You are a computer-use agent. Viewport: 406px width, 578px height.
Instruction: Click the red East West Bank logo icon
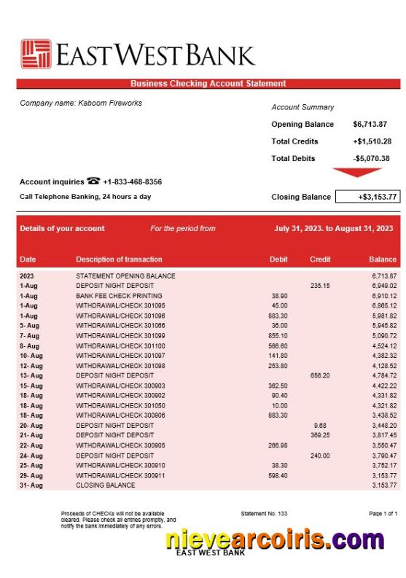(36, 55)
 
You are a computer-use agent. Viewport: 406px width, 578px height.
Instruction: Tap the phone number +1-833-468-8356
(133, 181)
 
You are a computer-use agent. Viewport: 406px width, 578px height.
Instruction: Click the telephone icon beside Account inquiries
(93, 181)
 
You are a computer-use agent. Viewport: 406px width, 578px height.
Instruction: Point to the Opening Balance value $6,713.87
(370, 124)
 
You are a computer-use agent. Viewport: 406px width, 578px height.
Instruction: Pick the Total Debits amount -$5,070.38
(371, 158)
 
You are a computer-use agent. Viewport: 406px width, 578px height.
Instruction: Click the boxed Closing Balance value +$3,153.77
(367, 197)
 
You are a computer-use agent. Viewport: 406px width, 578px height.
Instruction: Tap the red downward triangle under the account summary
(356, 173)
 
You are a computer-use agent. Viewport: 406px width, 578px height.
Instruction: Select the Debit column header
(278, 259)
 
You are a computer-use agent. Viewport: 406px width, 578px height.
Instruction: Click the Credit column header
(320, 259)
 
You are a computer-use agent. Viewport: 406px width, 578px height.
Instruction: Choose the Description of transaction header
(119, 259)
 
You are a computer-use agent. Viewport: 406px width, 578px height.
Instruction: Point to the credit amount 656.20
(320, 375)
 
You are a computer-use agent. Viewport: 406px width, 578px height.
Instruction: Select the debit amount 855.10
(278, 336)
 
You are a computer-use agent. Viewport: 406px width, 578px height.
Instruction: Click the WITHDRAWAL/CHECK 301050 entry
(120, 405)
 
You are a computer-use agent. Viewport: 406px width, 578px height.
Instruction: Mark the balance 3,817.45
(383, 435)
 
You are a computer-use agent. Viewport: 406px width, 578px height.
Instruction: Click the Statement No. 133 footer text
(264, 514)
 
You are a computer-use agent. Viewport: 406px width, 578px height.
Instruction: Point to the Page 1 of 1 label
(383, 514)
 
